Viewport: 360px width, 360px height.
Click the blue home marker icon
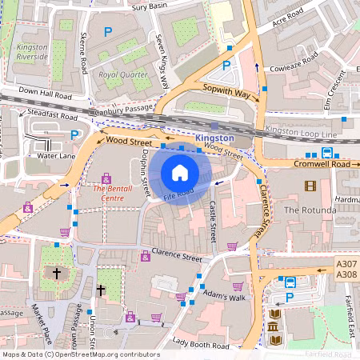click(180, 172)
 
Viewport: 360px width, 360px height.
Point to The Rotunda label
click(307, 210)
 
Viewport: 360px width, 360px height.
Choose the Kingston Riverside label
click(32, 53)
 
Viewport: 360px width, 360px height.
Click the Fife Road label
click(179, 193)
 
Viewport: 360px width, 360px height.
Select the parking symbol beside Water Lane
click(74, 135)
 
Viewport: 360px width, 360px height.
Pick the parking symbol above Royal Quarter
click(107, 32)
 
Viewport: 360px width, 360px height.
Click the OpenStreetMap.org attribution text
click(104, 354)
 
